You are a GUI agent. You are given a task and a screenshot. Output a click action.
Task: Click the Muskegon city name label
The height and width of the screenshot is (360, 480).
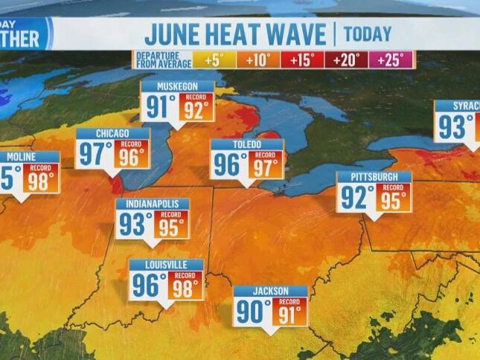[178, 86]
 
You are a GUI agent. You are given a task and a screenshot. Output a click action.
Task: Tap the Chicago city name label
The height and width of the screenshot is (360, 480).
[113, 134]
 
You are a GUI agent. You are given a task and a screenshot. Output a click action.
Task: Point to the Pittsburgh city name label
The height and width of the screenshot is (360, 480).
[374, 177]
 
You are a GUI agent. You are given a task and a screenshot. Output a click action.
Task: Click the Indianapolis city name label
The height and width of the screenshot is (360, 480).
[152, 204]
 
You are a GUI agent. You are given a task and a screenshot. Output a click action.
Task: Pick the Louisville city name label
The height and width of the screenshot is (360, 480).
[166, 265]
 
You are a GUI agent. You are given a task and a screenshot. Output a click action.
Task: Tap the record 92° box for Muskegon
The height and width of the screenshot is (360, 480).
[196, 107]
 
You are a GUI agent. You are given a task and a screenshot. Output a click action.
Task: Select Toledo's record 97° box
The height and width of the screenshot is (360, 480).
[266, 165]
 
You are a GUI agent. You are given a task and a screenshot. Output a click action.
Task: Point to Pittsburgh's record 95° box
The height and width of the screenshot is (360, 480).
[393, 198]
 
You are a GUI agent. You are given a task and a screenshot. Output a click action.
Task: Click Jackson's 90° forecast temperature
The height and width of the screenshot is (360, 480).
[253, 312]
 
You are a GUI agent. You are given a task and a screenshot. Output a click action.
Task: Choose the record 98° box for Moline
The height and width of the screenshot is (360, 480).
[41, 179]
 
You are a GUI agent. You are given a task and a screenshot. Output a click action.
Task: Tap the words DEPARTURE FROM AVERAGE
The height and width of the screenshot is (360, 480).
[161, 60]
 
